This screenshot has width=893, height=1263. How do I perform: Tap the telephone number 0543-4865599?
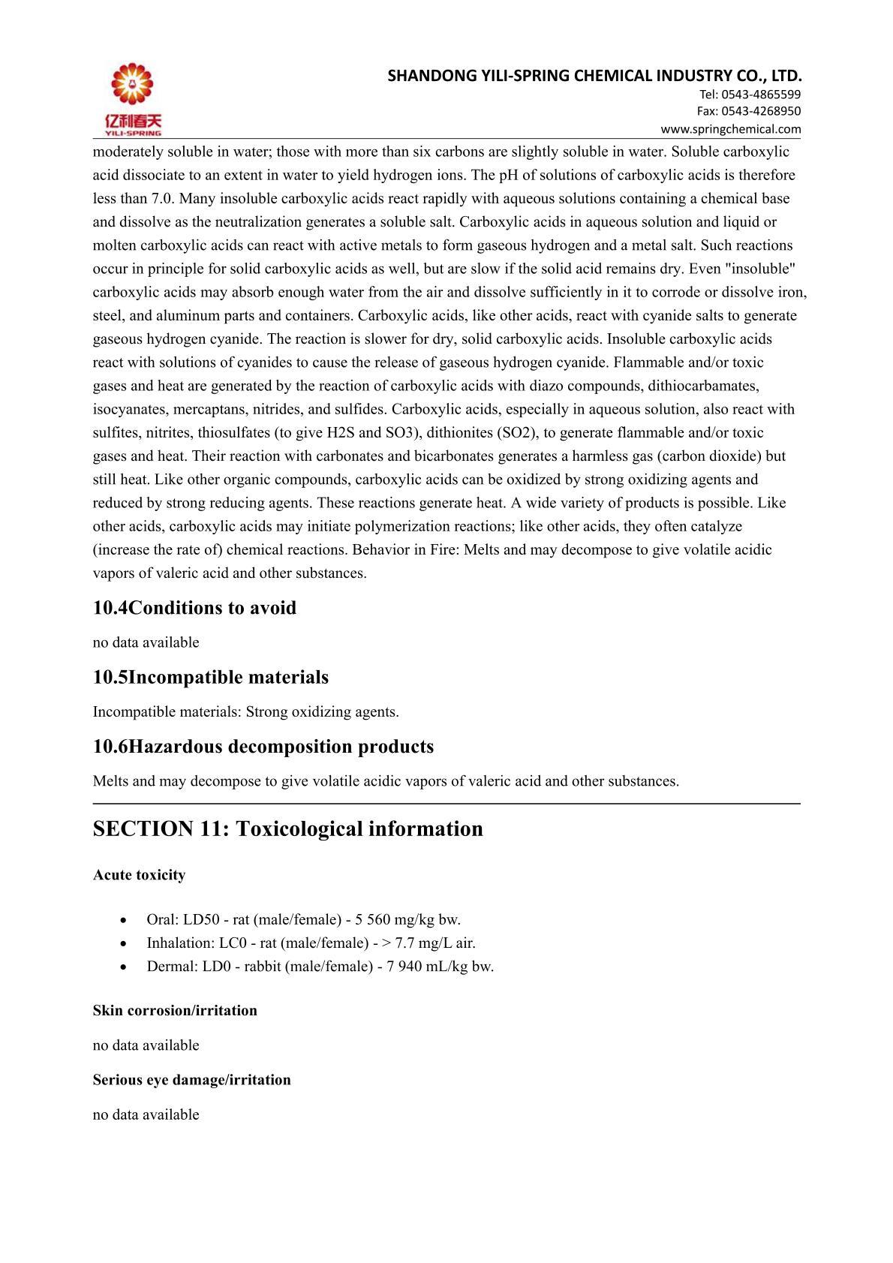(760, 95)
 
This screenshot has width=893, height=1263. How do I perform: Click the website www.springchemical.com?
(730, 129)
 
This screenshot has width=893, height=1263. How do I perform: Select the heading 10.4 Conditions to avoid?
(194, 608)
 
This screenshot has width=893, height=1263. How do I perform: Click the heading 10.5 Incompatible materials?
(211, 677)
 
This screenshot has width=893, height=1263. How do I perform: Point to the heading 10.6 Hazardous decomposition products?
(263, 747)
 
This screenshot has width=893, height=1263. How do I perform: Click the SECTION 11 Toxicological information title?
(288, 829)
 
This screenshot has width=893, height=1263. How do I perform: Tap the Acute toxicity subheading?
(139, 875)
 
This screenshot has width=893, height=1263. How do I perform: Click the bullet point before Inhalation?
(123, 943)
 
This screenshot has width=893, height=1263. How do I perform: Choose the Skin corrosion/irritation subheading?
(175, 1011)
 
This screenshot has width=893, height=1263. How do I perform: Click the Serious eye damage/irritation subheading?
(191, 1080)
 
